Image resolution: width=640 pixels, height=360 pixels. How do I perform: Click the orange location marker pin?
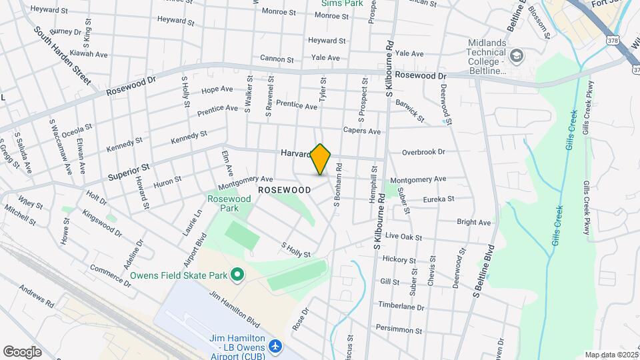pos(321,159)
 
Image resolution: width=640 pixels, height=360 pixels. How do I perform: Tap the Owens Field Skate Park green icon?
pos(237,275)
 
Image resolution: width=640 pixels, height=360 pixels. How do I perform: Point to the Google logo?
pos(22,351)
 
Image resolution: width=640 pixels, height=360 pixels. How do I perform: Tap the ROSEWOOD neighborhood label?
pos(284,190)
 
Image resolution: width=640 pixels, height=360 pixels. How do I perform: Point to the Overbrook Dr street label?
pos(423,152)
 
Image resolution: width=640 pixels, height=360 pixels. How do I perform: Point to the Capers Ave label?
pos(361,131)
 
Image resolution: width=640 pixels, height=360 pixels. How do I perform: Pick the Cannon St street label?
pos(277,59)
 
